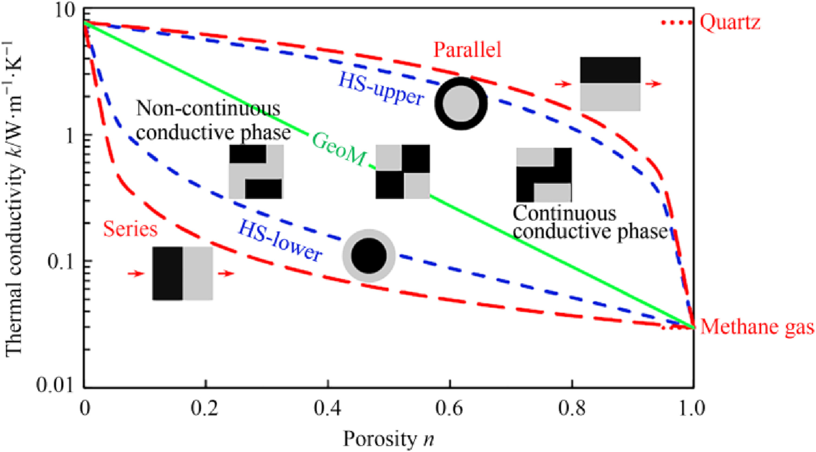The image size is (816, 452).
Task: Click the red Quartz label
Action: click(730, 23)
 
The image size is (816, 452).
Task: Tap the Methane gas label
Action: click(757, 327)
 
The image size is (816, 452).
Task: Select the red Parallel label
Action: click(467, 50)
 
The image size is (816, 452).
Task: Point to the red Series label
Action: click(130, 229)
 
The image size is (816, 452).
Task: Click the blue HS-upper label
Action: click(381, 89)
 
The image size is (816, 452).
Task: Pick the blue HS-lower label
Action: click(280, 241)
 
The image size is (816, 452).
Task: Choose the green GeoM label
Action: click(339, 149)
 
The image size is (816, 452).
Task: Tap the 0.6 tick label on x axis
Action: click(449, 408)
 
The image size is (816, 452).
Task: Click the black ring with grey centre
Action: click(461, 103)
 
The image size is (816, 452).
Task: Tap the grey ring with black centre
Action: click(369, 256)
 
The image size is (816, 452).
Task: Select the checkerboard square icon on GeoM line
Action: click(403, 172)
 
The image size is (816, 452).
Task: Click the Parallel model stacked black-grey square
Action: click(610, 84)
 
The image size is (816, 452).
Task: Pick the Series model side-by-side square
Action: click(182, 273)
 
